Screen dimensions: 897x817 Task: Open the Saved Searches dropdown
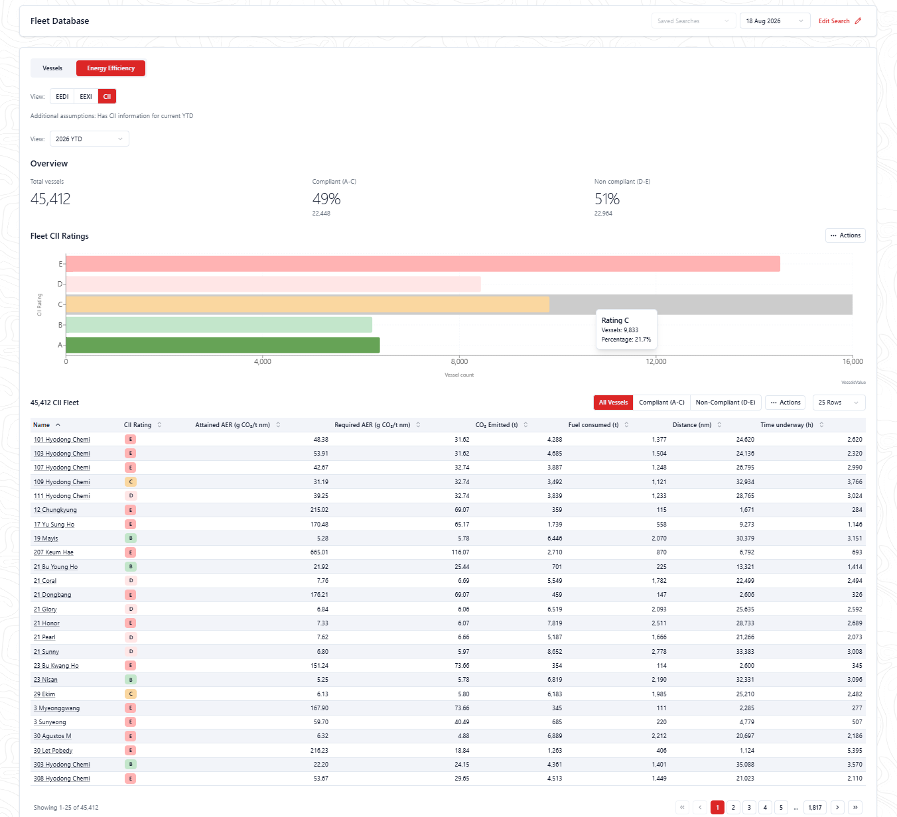(693, 21)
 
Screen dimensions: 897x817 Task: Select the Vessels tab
(52, 68)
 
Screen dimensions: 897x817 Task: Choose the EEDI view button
(62, 97)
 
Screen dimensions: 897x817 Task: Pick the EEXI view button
(86, 97)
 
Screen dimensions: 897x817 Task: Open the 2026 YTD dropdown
(90, 139)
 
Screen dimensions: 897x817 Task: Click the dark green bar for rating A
(223, 345)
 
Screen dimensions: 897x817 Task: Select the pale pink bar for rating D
(273, 284)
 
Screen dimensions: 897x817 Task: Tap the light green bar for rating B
(219, 324)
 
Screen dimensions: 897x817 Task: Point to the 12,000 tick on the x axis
(655, 361)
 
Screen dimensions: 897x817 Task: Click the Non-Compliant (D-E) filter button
(725, 403)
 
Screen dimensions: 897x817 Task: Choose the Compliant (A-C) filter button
(661, 403)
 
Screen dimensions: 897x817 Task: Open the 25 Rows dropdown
(839, 403)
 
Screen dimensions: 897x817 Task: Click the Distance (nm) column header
(692, 424)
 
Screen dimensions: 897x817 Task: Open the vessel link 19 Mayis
(46, 538)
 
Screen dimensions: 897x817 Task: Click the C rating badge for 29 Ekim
(131, 694)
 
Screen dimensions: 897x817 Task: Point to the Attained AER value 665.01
(319, 552)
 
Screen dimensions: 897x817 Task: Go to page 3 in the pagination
(749, 807)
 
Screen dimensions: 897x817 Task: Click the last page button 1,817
(815, 807)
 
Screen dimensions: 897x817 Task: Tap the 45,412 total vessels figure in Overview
(50, 198)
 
